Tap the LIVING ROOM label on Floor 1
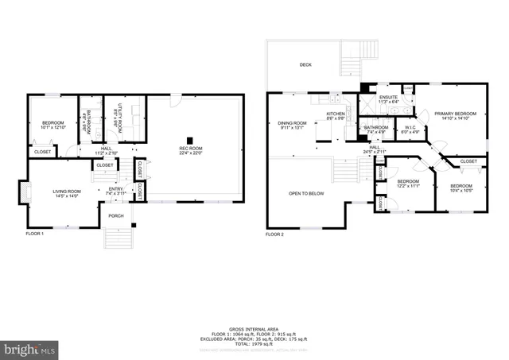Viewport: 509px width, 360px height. coord(66,192)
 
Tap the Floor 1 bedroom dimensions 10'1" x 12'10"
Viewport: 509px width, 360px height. coord(52,127)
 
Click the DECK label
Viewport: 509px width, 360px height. coord(305,64)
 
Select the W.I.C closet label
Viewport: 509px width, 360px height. coord(410,128)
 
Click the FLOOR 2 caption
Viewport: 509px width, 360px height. coord(275,234)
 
